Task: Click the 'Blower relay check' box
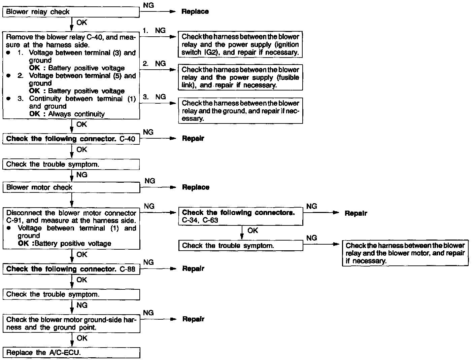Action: tap(71, 12)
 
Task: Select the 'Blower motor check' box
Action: tap(71, 187)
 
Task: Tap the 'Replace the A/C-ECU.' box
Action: tap(71, 353)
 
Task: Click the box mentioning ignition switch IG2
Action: tap(240, 44)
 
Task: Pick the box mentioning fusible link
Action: tap(240, 77)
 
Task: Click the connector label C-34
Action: tap(190, 220)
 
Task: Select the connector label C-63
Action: tap(210, 220)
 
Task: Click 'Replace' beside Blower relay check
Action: tap(195, 11)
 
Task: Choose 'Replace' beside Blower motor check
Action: tap(196, 187)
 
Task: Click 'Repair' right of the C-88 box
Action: tap(193, 269)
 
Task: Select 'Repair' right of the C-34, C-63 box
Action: tap(356, 213)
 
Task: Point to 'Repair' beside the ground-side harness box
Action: tap(193, 319)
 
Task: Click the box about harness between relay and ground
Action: tap(240, 111)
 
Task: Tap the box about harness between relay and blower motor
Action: tap(405, 253)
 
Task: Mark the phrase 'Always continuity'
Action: tap(76, 114)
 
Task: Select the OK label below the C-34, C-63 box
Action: tap(252, 230)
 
